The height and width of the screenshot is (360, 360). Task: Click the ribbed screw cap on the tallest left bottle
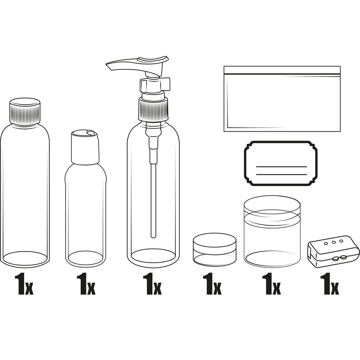coord(25,112)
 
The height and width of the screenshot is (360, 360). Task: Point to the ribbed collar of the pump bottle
coord(153,109)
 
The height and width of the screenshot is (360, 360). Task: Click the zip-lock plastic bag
coord(282,99)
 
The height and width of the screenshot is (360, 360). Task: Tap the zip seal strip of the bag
coord(282,74)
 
